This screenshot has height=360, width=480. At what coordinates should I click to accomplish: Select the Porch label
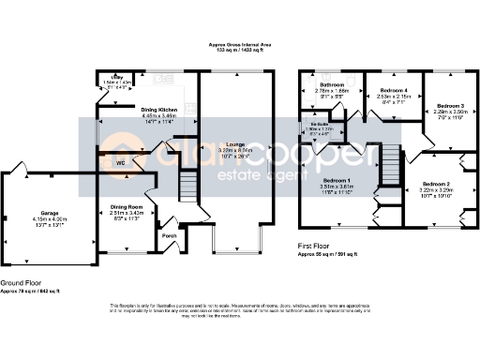pyautogui.click(x=169, y=234)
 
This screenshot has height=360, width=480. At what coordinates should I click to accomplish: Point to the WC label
pyautogui.click(x=120, y=162)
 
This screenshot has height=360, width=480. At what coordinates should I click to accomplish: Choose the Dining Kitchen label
pyautogui.click(x=158, y=110)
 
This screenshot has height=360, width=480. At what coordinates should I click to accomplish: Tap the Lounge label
pyautogui.click(x=234, y=143)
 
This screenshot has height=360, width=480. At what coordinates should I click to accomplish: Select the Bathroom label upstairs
pyautogui.click(x=332, y=83)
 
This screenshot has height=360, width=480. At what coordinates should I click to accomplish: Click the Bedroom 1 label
pyautogui.click(x=337, y=180)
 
